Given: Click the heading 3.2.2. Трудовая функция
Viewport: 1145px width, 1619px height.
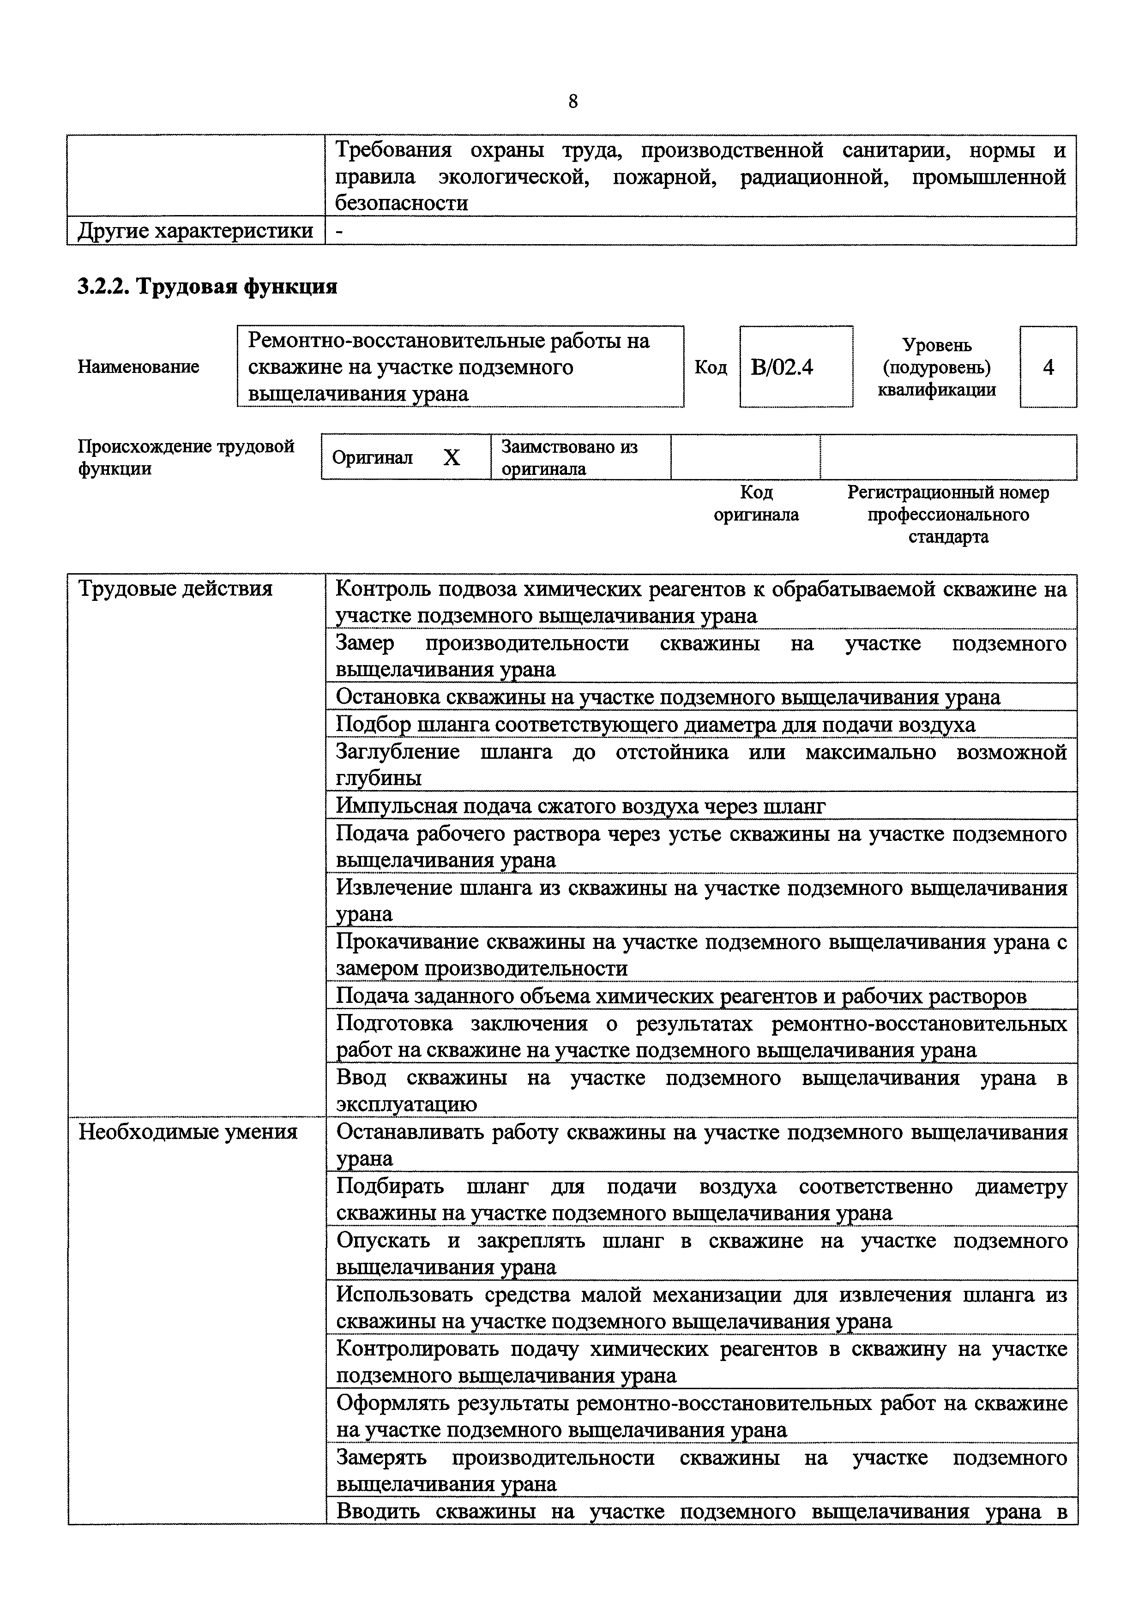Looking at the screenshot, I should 207,286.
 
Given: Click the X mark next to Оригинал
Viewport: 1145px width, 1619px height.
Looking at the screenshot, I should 452,458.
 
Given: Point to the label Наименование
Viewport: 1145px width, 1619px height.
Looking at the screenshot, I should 138,366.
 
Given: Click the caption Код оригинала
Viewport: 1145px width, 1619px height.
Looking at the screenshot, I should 756,504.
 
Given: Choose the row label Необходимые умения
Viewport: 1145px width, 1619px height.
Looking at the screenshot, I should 187,1132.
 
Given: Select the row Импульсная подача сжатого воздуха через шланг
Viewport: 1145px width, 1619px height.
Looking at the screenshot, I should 580,805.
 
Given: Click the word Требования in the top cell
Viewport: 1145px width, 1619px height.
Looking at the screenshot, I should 392,150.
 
